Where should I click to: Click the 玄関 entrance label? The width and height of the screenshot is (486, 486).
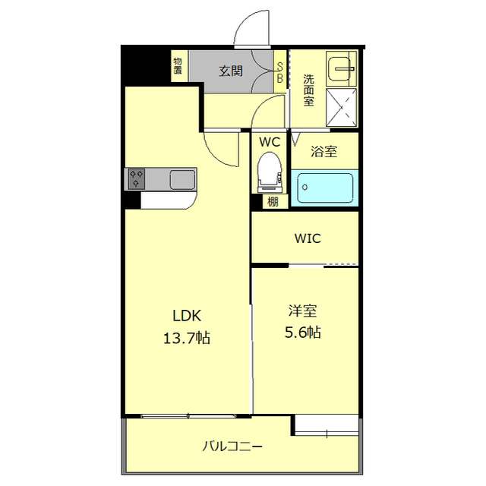(231, 71)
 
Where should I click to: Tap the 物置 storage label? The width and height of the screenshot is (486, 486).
(177, 67)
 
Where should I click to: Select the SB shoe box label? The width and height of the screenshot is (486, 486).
(279, 72)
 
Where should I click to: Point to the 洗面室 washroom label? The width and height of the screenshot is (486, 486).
(309, 90)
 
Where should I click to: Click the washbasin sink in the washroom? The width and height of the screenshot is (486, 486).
(341, 69)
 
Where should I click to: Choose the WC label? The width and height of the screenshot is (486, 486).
(270, 142)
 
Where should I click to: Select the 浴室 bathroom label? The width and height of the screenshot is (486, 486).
(324, 151)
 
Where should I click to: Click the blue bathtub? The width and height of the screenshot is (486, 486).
(324, 188)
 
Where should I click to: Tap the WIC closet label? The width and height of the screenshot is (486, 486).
(308, 238)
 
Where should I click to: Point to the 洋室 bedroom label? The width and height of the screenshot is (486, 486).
(302, 311)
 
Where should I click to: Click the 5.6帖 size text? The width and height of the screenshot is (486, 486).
(302, 332)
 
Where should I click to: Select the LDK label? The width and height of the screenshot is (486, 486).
(186, 317)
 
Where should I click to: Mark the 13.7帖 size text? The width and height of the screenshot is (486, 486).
(186, 339)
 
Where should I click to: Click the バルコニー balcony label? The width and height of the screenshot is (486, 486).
(232, 446)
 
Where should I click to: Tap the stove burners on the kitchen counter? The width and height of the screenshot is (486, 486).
(137, 179)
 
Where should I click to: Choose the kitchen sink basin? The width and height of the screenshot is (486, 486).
(182, 179)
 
